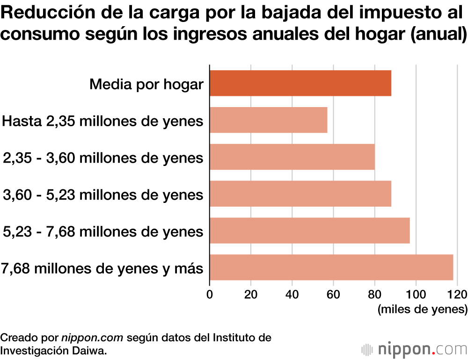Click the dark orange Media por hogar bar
300,83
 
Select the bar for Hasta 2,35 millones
268,120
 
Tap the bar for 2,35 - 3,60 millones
292,157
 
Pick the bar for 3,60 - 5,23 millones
300,194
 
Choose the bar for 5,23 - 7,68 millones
309,230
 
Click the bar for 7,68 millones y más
331,267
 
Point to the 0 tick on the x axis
210,294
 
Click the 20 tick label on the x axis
251,294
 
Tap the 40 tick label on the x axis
292,294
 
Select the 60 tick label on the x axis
333,294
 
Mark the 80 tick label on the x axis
374,294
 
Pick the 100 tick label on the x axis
416,294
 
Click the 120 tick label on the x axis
456,294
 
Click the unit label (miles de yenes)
422,310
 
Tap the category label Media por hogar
146,85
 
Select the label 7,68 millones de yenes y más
102,269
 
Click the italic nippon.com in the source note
92,337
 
